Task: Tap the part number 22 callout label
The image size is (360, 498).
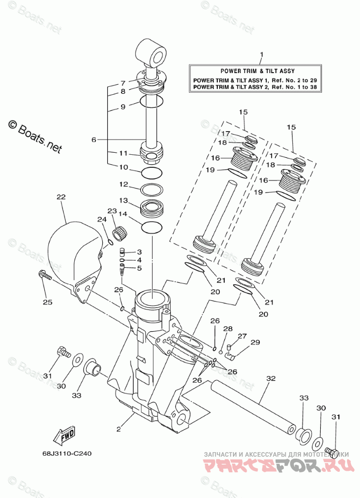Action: (x=61, y=197)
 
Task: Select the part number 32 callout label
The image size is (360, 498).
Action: (x=271, y=378)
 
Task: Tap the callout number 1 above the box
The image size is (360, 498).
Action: (x=261, y=54)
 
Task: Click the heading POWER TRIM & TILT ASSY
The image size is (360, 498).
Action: (x=257, y=71)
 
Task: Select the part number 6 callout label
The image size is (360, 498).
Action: (x=94, y=140)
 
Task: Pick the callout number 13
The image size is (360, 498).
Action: (x=124, y=201)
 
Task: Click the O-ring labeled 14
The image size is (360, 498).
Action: (x=152, y=228)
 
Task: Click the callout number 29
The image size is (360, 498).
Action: (x=255, y=342)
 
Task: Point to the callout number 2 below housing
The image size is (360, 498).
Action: (x=118, y=429)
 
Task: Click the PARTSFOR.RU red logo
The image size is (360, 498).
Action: (x=278, y=466)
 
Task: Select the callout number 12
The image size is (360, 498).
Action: (x=124, y=184)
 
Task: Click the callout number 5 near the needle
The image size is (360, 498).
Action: (x=139, y=268)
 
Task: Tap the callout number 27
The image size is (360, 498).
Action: (x=242, y=336)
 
